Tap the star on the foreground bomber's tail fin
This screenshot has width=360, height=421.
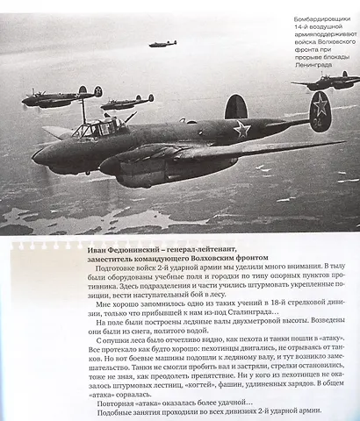click(x=321, y=113)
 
